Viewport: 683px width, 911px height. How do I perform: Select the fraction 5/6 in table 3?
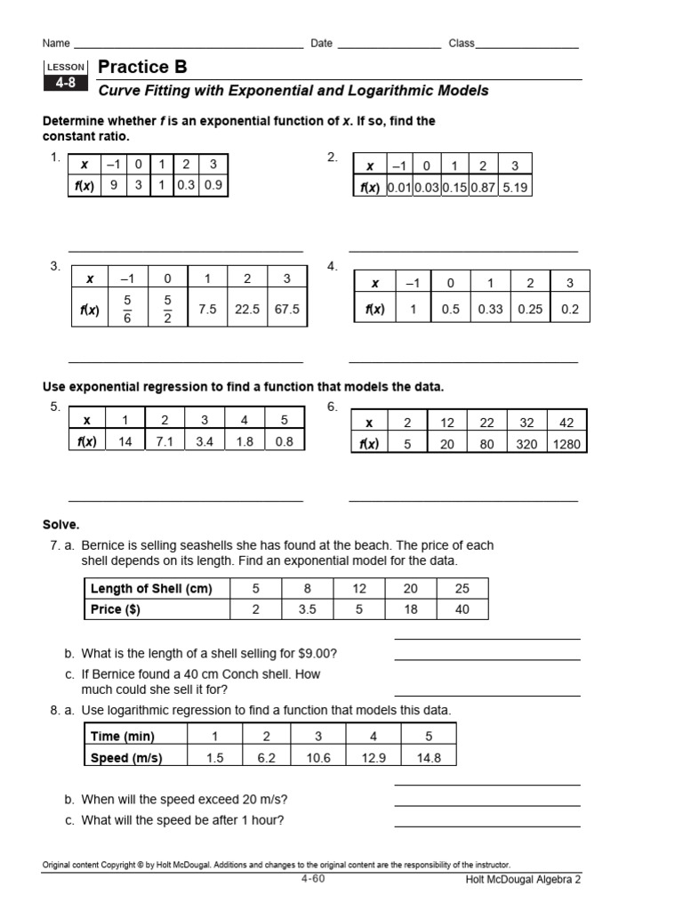pyautogui.click(x=126, y=310)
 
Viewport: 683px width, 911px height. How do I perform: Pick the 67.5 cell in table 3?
pyautogui.click(x=286, y=310)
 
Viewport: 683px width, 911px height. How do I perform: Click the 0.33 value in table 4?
pyautogui.click(x=490, y=310)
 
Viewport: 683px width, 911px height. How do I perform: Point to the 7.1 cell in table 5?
pyautogui.click(x=165, y=441)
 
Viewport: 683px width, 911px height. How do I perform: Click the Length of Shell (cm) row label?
pyautogui.click(x=151, y=588)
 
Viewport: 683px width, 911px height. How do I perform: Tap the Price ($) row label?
pyautogui.click(x=116, y=609)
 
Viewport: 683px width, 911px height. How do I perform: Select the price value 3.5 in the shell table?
pyautogui.click(x=308, y=609)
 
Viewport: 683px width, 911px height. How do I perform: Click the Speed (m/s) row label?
pyautogui.click(x=126, y=757)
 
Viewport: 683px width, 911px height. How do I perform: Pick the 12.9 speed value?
pyautogui.click(x=374, y=757)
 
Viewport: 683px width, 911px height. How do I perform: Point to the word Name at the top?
pyautogui.click(x=56, y=43)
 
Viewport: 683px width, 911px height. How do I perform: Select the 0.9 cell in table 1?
pyautogui.click(x=213, y=187)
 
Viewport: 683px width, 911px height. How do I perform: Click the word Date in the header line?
pyautogui.click(x=321, y=43)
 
